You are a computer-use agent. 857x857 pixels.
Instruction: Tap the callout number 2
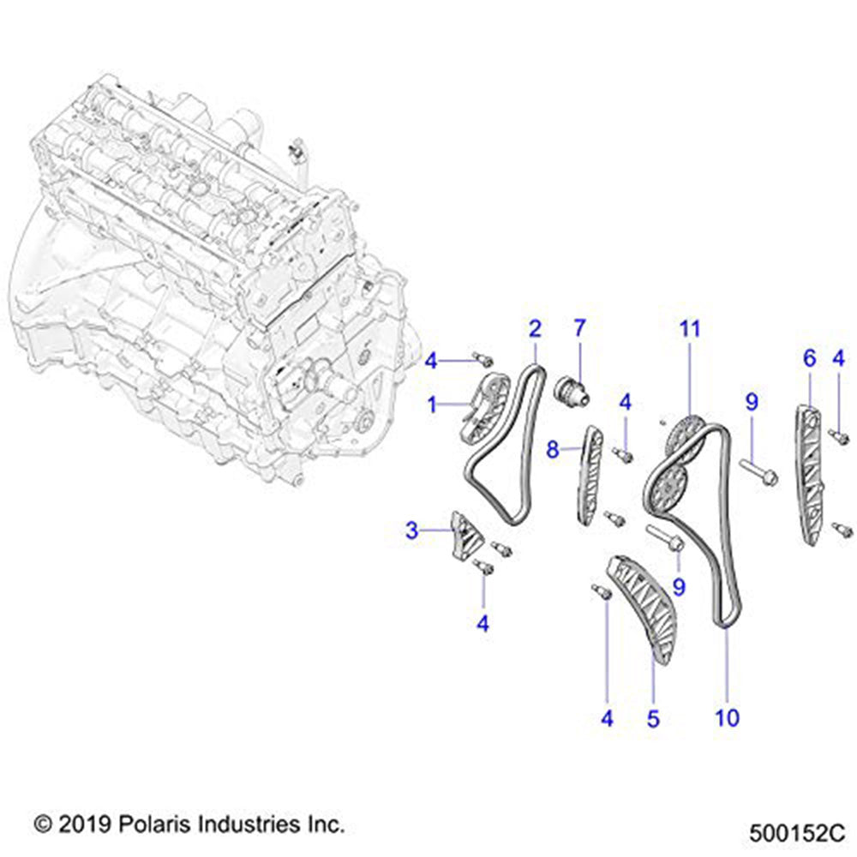pyautogui.click(x=535, y=328)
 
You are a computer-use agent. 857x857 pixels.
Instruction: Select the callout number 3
pyautogui.click(x=413, y=531)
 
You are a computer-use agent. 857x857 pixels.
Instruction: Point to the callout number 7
pyautogui.click(x=580, y=328)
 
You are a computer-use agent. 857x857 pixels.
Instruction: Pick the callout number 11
pyautogui.click(x=690, y=328)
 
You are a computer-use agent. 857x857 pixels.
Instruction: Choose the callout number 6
pyautogui.click(x=809, y=360)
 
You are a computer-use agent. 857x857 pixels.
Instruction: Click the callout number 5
pyautogui.click(x=653, y=718)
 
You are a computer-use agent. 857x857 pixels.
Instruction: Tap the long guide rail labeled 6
pyautogui.click(x=807, y=476)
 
